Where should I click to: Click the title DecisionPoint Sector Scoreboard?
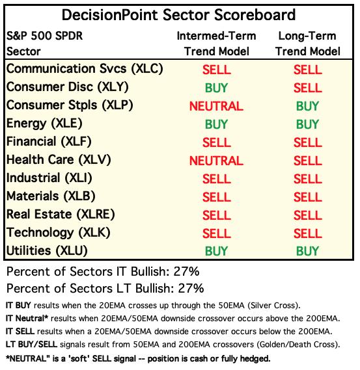[x=178, y=15]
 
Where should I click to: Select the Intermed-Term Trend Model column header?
[x=216, y=44]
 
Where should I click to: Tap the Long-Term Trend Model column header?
[x=307, y=44]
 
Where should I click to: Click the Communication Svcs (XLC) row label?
[x=85, y=69]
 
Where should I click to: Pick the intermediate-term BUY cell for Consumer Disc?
[x=216, y=88]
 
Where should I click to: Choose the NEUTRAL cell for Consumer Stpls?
[x=216, y=106]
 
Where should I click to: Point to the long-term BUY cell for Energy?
[x=307, y=124]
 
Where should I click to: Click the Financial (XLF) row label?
[x=49, y=142]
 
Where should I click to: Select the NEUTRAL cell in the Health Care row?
[x=216, y=161]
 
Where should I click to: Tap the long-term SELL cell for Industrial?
[x=307, y=179]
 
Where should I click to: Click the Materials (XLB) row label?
[x=51, y=196]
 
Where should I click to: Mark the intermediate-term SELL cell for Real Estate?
[x=216, y=215]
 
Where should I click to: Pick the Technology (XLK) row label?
[x=59, y=233]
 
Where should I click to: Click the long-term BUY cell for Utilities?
[x=307, y=251]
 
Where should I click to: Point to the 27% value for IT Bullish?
[x=186, y=271]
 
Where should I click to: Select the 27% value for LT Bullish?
[x=191, y=288]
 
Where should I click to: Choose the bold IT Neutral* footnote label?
[x=27, y=319]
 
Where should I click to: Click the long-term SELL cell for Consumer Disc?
[x=307, y=88]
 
